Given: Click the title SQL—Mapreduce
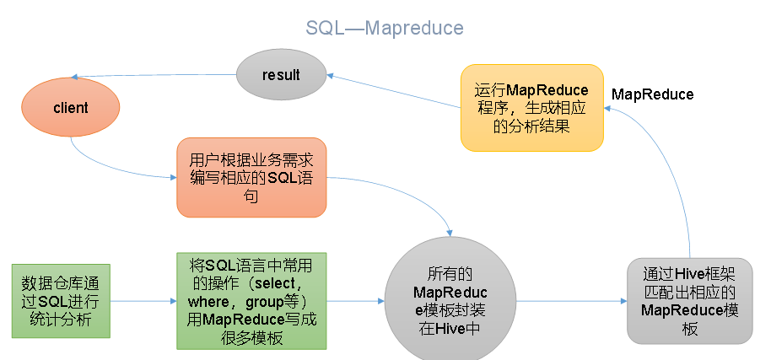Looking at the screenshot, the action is (x=385, y=28).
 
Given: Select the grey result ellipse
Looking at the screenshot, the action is (x=281, y=75).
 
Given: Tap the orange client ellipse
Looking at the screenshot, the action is (x=70, y=107).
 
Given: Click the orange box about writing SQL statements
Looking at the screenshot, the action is (x=251, y=177).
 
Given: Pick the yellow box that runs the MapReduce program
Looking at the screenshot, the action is (x=532, y=108).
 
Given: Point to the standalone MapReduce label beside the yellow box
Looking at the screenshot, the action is (x=653, y=94).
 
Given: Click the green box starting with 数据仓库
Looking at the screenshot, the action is (x=61, y=301).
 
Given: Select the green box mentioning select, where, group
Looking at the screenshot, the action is (x=251, y=301).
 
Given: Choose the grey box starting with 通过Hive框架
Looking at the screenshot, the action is (x=690, y=301).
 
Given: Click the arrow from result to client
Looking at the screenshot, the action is (x=154, y=76).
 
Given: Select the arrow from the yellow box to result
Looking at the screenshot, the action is (x=394, y=91).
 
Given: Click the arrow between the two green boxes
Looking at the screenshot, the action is (x=143, y=301).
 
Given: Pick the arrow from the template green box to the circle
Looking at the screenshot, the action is (x=355, y=301).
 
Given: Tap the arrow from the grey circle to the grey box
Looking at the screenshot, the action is (x=571, y=301).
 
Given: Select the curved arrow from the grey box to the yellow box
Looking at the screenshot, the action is (x=674, y=167).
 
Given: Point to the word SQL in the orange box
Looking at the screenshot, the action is (x=283, y=178).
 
